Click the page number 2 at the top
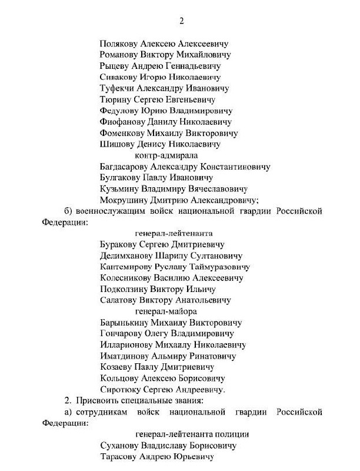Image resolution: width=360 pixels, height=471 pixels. tap(182, 21)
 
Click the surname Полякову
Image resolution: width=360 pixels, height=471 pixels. tap(121, 44)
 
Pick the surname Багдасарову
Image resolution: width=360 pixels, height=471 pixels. tap(127, 167)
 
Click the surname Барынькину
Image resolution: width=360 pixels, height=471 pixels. tap(125, 323)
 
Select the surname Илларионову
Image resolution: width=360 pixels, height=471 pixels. tap(126, 345)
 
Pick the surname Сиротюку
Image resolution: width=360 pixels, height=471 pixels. tap(121, 390)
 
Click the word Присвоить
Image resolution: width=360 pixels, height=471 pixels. tap(98, 401)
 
